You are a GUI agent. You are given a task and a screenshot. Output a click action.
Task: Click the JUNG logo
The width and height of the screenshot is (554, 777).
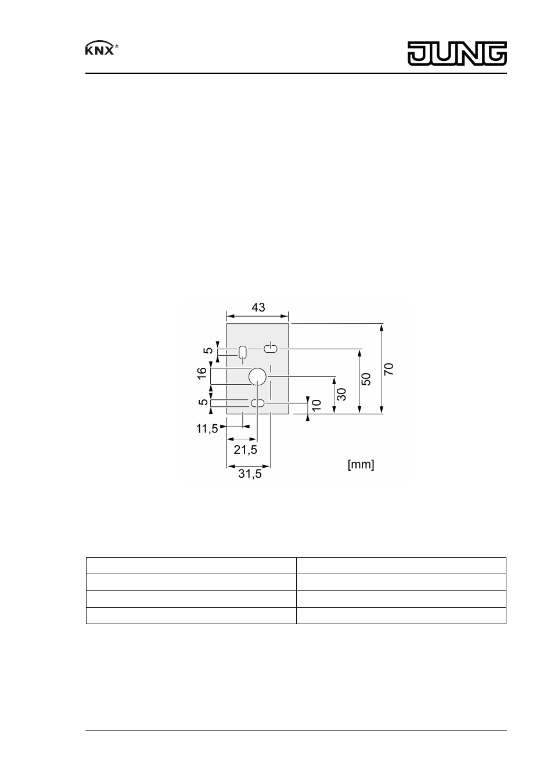tap(456, 54)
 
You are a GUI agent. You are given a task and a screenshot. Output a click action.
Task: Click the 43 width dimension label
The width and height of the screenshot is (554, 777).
tap(258, 307)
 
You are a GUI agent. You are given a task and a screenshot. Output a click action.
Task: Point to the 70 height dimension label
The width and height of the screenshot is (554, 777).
tap(388, 368)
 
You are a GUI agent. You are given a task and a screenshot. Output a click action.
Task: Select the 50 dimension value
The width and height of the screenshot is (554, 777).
tap(366, 379)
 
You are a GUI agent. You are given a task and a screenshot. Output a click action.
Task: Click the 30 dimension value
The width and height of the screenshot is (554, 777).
tap(341, 395)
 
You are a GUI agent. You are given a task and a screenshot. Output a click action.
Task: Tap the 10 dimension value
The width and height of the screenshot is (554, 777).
tap(316, 406)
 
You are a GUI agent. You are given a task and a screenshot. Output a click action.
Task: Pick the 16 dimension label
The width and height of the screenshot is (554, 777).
tap(202, 373)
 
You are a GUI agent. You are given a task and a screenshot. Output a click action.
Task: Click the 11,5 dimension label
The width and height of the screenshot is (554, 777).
tap(207, 429)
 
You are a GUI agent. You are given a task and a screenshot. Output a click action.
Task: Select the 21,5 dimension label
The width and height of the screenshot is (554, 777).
tap(246, 450)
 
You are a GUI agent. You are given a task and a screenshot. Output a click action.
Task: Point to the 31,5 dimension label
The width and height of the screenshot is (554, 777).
tap(250, 474)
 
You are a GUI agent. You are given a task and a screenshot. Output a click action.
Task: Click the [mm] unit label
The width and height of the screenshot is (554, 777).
tap(361, 464)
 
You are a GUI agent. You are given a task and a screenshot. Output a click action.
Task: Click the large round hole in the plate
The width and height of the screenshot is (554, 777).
tap(257, 377)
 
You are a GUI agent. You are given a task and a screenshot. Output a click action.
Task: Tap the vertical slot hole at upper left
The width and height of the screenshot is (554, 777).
tap(243, 352)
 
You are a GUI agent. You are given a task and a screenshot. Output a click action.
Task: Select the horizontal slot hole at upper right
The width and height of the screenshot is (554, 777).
tap(271, 349)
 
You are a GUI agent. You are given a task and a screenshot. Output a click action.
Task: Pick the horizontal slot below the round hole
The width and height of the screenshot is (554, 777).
tap(258, 403)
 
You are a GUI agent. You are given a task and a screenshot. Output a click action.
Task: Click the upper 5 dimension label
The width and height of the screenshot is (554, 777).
tap(208, 350)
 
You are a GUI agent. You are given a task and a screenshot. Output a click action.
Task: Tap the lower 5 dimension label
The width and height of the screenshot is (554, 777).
tap(203, 402)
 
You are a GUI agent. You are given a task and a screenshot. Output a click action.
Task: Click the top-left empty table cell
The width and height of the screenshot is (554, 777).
tap(191, 566)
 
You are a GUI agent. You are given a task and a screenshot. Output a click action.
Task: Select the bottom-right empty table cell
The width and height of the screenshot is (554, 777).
tap(401, 615)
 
